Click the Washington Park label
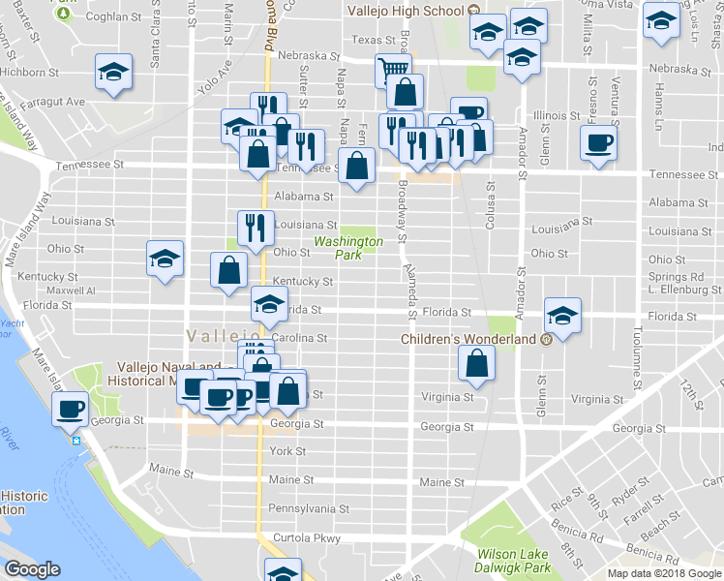click(x=347, y=248)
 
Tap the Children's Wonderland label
click(x=470, y=340)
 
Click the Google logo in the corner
click(x=32, y=569)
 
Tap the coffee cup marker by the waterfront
click(x=71, y=410)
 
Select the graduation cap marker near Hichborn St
click(x=114, y=73)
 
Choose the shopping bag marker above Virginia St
click(x=477, y=364)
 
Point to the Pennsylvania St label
click(x=308, y=508)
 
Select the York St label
click(x=287, y=451)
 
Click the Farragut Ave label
click(x=57, y=102)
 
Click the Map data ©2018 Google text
click(x=664, y=573)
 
